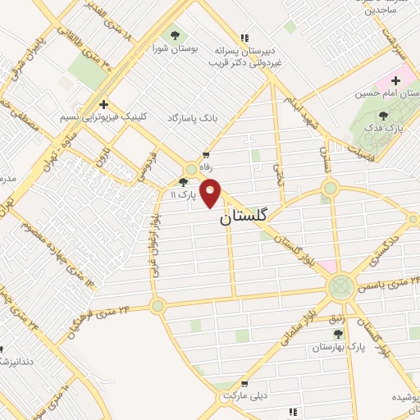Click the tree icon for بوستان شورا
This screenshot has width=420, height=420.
coord(176,35)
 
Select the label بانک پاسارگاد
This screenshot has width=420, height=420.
coord(193,119)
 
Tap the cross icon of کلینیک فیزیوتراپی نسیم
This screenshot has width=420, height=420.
coord(103,104)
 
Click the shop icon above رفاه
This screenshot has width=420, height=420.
coord(205,155)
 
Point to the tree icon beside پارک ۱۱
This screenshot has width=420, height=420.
coord(183,183)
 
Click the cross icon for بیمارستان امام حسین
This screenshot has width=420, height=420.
coord(396,80)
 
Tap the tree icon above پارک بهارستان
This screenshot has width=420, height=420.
coord(338,334)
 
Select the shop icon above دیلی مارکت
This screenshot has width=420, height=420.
coord(244,382)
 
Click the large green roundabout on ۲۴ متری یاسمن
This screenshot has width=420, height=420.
coord(340,288)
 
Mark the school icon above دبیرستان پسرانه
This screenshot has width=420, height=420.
coord(244,37)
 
